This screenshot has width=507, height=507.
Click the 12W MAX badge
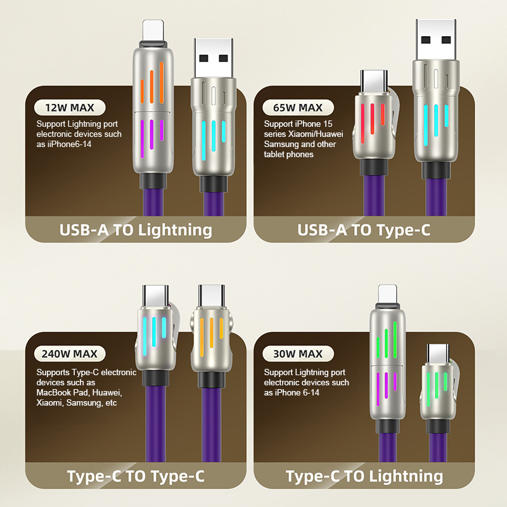(70, 108)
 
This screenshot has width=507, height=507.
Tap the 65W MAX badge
(298, 108)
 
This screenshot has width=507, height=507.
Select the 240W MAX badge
(70, 354)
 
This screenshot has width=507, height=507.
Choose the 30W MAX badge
(298, 354)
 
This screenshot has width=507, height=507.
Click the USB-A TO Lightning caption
(136, 230)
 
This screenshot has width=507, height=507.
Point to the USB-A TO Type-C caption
(364, 230)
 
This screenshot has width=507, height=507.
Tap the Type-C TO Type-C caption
(136, 477)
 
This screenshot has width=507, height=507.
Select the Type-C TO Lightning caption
(364, 477)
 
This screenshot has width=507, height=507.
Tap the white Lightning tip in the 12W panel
(153, 30)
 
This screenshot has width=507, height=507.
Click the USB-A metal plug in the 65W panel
(436, 39)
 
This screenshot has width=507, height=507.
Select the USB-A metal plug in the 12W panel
(214, 58)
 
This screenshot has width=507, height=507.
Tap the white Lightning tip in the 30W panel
(388, 295)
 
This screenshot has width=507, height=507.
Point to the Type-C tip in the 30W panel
(438, 354)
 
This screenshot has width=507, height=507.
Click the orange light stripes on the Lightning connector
(152, 84)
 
